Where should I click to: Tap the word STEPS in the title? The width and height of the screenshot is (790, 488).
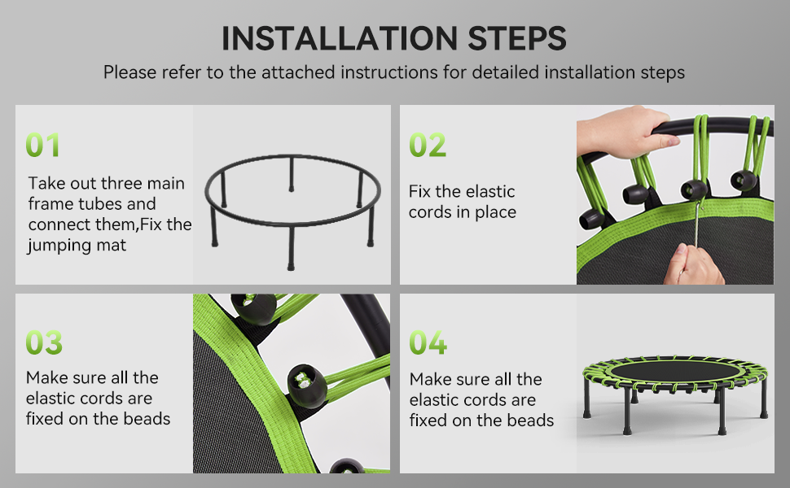coord(517,38)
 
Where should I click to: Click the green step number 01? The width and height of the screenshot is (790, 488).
coord(43,145)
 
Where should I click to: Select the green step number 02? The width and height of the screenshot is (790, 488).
coord(428,145)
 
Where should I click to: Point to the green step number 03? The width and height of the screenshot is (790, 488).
coord(44,342)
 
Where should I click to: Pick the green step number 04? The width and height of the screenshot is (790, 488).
coord(428,342)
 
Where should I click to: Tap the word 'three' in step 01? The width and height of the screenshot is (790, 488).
coord(126,183)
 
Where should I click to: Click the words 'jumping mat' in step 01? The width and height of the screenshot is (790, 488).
coord(77,246)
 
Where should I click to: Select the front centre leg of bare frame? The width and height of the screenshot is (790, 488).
coord(291,249)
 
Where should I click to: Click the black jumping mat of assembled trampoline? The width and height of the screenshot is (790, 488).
coord(676,371)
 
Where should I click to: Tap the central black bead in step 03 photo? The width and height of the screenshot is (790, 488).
coord(307,386)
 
